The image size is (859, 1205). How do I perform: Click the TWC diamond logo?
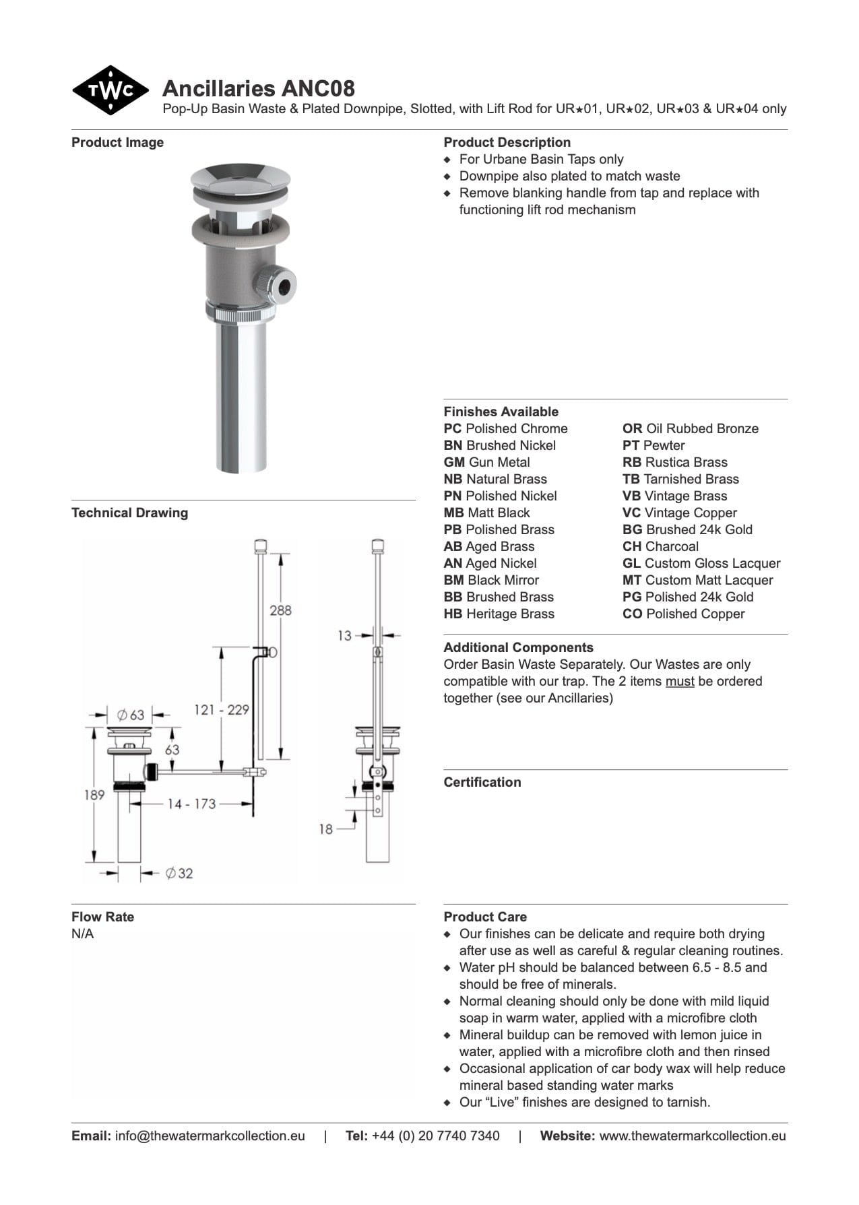pyautogui.click(x=110, y=90)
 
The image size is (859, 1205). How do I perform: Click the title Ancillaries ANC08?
pyautogui.click(x=258, y=88)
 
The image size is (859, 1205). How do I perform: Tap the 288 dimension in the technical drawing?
pyautogui.click(x=280, y=610)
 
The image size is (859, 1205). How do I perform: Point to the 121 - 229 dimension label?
pyautogui.click(x=221, y=709)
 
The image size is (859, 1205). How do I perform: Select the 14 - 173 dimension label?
pyautogui.click(x=191, y=804)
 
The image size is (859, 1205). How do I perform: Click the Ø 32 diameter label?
pyautogui.click(x=179, y=874)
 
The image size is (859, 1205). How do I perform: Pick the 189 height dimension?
pyautogui.click(x=94, y=795)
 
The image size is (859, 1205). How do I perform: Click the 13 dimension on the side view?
pyautogui.click(x=344, y=635)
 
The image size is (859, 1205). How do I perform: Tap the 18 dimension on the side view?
pyautogui.click(x=326, y=829)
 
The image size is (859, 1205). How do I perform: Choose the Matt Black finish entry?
pyautogui.click(x=486, y=513)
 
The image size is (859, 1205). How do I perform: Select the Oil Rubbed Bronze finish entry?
pyautogui.click(x=690, y=428)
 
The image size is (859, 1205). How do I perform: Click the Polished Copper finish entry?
pyautogui.click(x=683, y=614)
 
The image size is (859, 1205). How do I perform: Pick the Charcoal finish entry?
pyautogui.click(x=660, y=546)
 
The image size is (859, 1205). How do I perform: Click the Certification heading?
pyautogui.click(x=482, y=782)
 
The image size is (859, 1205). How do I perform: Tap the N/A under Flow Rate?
pyautogui.click(x=82, y=934)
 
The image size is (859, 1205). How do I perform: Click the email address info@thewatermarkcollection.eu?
pyautogui.click(x=210, y=1136)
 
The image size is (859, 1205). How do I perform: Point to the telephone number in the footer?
pyautogui.click(x=435, y=1136)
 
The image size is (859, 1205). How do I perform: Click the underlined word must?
pyautogui.click(x=679, y=681)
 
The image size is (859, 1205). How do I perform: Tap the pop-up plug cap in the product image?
pyautogui.click(x=241, y=176)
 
